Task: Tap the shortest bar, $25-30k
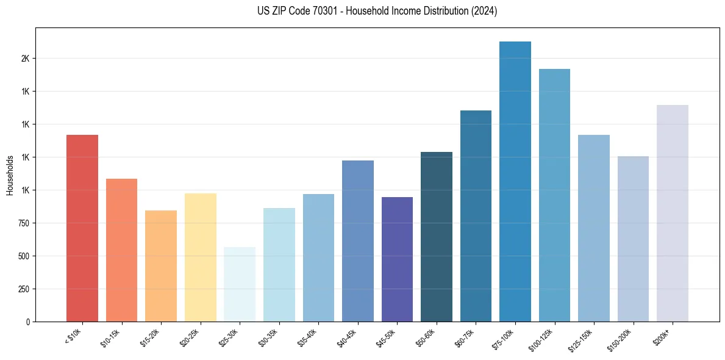tap(240, 284)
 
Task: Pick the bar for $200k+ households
tap(672, 213)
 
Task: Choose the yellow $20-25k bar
tap(200, 257)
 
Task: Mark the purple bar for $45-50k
tap(397, 259)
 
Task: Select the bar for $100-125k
tap(554, 195)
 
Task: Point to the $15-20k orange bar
tap(161, 265)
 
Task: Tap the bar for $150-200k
tap(633, 239)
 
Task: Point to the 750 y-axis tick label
tap(23, 223)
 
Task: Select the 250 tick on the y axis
tap(23, 289)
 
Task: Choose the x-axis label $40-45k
tap(346, 337)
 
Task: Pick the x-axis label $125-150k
tap(582, 339)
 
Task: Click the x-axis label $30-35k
tap(268, 337)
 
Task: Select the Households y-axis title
tap(10, 175)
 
